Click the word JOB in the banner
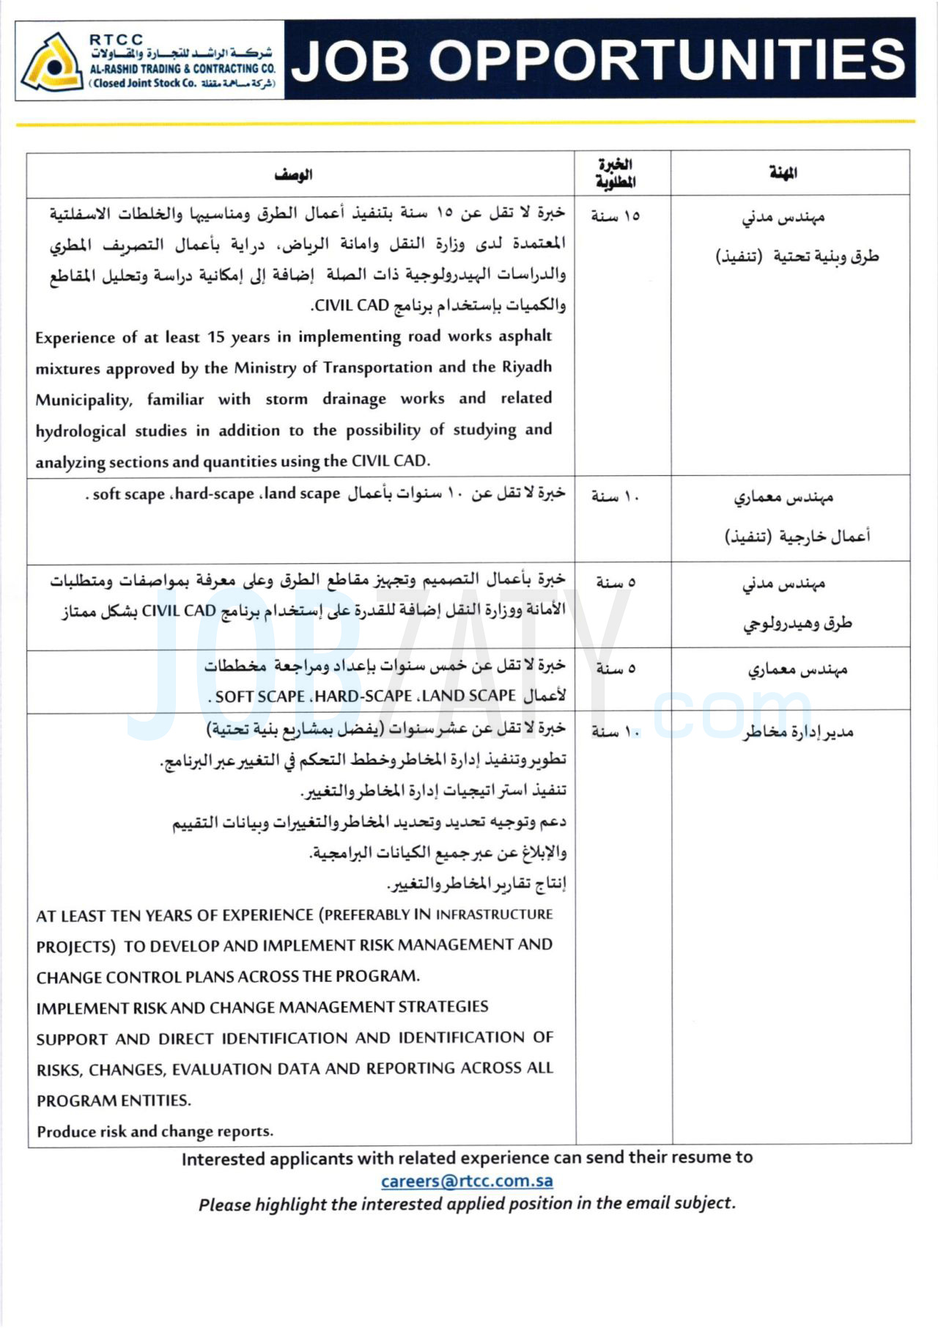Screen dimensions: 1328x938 tap(350, 60)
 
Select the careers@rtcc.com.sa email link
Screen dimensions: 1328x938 tap(467, 1181)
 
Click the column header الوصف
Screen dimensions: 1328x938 tap(293, 175)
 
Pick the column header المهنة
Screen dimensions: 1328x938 tap(783, 173)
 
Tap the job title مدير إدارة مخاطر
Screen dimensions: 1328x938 tap(797, 732)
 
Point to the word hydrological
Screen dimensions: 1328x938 tap(81, 431)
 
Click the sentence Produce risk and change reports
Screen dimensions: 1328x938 tap(155, 1131)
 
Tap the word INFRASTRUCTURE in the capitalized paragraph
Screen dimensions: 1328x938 tap(494, 914)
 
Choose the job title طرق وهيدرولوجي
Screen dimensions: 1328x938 tap(797, 623)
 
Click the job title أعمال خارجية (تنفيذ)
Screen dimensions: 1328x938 tap(797, 537)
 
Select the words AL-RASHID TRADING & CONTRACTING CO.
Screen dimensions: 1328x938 tap(182, 68)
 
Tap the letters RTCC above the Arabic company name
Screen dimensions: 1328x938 tap(116, 40)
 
